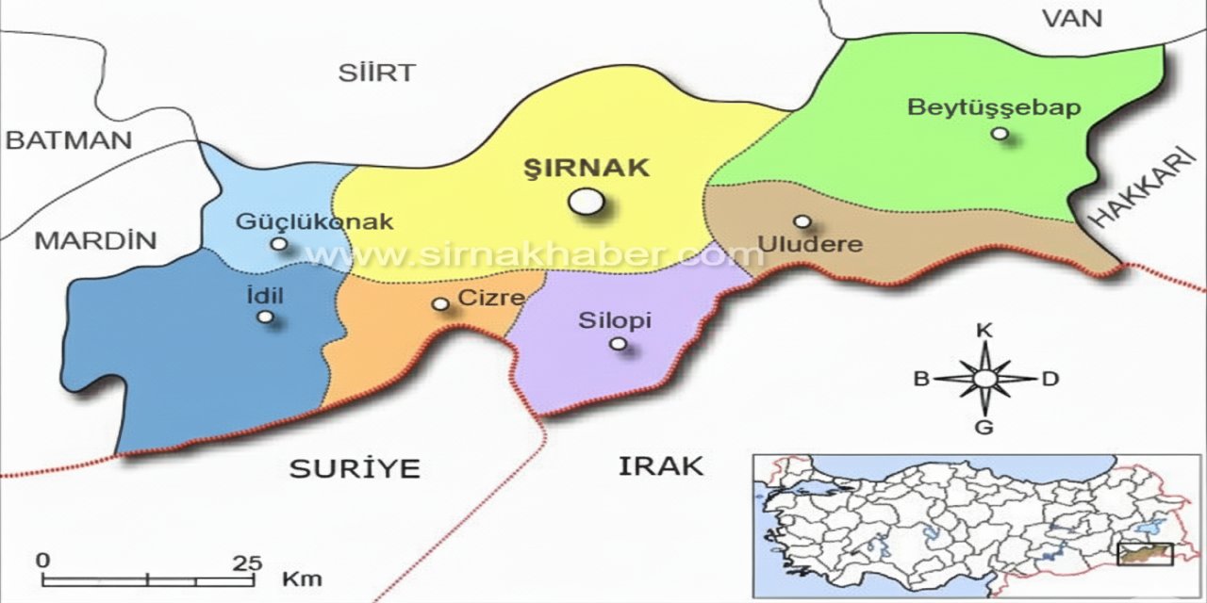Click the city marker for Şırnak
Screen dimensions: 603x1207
[586, 201]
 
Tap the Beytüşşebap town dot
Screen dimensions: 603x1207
[1000, 134]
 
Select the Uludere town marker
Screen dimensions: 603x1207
[802, 221]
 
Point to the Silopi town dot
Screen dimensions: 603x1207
[618, 344]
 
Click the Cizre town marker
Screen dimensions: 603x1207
[439, 303]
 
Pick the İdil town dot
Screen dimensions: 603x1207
[266, 317]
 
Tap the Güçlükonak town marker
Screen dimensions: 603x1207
[279, 243]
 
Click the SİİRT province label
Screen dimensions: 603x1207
[376, 73]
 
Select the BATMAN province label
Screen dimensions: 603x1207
[68, 140]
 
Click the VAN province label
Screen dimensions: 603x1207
[1071, 17]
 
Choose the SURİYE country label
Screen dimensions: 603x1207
[355, 468]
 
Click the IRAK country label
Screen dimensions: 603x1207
[661, 465]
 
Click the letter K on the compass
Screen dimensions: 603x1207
[984, 330]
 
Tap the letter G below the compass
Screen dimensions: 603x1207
[984, 428]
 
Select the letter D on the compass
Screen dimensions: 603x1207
[1050, 379]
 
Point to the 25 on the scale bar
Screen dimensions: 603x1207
[247, 562]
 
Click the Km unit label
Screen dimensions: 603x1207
[302, 577]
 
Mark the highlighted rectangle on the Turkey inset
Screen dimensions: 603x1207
[1145, 554]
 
